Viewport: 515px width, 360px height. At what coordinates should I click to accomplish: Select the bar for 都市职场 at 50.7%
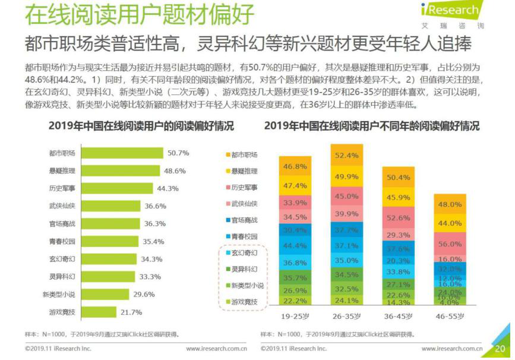click(x=122, y=153)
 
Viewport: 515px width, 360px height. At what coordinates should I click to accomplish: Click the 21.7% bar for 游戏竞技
click(x=99, y=312)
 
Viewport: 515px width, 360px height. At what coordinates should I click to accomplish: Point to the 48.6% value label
click(x=175, y=170)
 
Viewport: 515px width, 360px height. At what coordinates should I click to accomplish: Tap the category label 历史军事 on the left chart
click(x=62, y=188)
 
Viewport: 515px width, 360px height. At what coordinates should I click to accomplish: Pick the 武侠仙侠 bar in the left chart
click(x=110, y=206)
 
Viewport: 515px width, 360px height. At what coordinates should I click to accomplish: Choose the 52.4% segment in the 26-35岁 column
click(x=347, y=156)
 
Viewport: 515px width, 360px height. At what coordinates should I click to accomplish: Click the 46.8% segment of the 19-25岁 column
click(x=295, y=166)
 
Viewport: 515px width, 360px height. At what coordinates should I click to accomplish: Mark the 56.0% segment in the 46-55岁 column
click(x=450, y=244)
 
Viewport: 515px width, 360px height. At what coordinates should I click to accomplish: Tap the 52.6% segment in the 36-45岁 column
click(x=399, y=218)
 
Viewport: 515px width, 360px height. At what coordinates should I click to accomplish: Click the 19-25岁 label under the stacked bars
click(x=295, y=317)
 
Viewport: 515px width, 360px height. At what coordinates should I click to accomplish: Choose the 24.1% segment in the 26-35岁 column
click(x=347, y=300)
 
